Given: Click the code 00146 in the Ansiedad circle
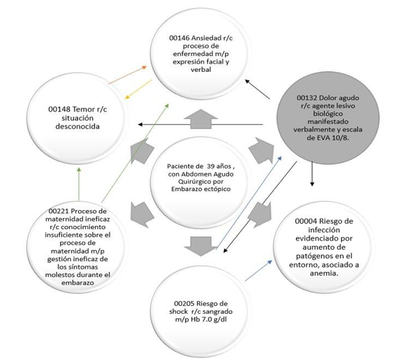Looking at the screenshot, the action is (x=179, y=38).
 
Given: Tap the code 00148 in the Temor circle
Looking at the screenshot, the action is (x=59, y=109).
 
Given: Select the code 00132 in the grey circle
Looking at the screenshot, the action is (x=307, y=98).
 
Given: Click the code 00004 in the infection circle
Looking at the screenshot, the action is (x=306, y=221).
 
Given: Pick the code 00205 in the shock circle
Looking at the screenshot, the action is (x=184, y=303).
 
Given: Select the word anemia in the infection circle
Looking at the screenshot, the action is (x=323, y=273).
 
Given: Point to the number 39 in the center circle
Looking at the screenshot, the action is (x=210, y=166).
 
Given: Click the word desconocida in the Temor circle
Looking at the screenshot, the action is (x=77, y=126).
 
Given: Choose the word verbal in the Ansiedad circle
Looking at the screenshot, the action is (x=201, y=69).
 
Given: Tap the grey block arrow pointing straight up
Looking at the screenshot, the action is (x=201, y=119).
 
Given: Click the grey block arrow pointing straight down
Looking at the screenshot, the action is (x=200, y=246).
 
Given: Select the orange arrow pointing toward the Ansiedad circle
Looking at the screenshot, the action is (x=127, y=75).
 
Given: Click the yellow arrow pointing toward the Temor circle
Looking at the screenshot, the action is (x=139, y=89).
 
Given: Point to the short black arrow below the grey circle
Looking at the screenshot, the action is (x=312, y=173).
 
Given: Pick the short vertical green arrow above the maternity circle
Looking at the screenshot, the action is (x=79, y=184).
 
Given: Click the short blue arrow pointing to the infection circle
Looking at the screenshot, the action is (x=259, y=271).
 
